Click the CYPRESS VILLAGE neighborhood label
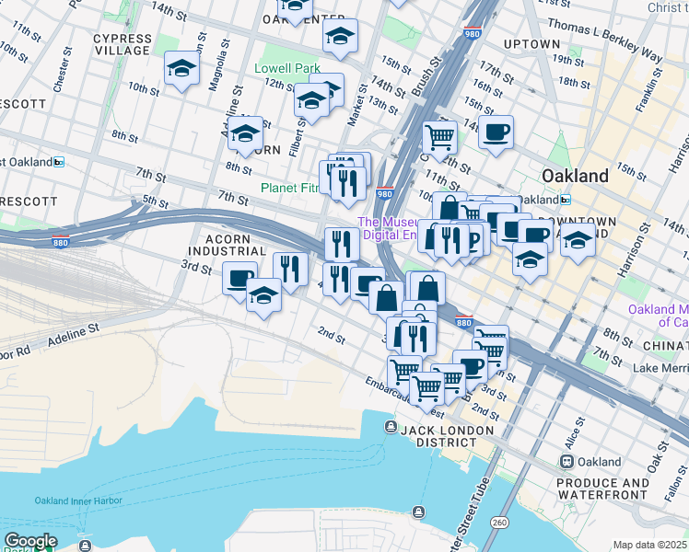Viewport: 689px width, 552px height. click(123, 44)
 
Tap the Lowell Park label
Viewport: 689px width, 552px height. click(287, 68)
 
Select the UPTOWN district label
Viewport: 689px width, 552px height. click(532, 43)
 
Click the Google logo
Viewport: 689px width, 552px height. click(30, 541)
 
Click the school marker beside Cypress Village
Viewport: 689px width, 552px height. click(182, 68)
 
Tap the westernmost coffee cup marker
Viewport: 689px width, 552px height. click(239, 278)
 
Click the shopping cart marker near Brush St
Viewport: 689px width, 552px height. click(439, 138)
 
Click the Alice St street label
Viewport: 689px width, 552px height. click(578, 429)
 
